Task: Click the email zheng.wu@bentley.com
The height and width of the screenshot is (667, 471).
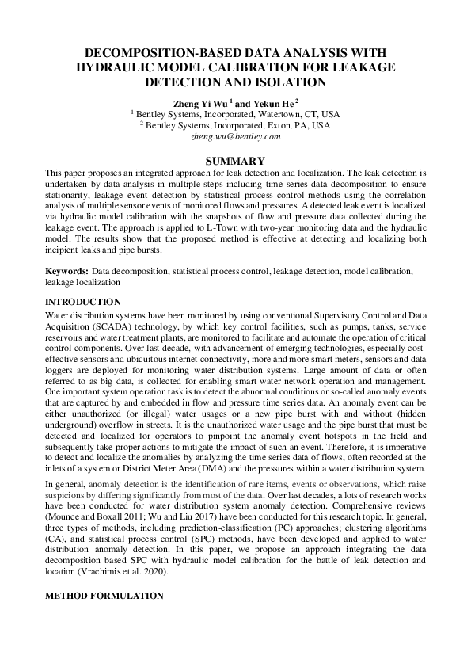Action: click(236, 136)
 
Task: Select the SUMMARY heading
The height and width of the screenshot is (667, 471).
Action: click(235, 160)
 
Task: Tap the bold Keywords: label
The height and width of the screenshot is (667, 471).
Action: click(67, 272)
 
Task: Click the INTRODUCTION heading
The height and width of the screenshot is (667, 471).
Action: click(83, 302)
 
